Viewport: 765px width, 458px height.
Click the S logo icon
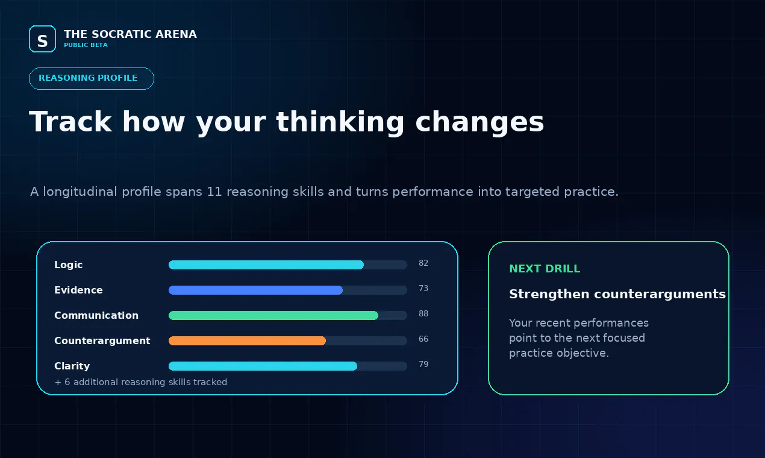click(42, 39)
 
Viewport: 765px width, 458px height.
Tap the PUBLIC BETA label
click(86, 45)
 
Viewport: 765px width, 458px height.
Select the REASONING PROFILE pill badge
click(92, 78)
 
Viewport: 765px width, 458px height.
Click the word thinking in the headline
click(340, 122)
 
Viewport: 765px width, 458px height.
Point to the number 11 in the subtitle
click(214, 192)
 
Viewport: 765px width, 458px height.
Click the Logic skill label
click(68, 265)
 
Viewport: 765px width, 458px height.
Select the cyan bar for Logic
click(266, 265)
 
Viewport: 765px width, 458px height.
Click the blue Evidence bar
click(255, 290)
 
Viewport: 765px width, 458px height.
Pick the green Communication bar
click(273, 315)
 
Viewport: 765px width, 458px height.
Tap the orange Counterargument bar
click(247, 340)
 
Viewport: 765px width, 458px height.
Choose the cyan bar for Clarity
click(263, 366)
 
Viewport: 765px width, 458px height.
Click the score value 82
click(423, 263)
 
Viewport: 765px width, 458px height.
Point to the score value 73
click(423, 289)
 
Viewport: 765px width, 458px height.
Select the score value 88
click(423, 314)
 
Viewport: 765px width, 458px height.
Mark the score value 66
click(423, 339)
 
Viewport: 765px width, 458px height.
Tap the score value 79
click(423, 365)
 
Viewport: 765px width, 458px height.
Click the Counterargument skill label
click(102, 340)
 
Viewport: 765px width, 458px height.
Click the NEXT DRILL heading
click(545, 269)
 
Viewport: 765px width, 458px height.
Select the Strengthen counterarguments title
click(617, 294)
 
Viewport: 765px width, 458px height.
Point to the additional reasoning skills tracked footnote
click(141, 382)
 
